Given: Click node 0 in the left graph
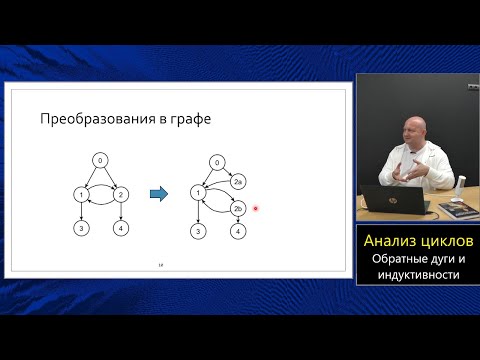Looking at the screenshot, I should click(99, 161).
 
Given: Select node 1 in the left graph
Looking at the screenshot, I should click(79, 194).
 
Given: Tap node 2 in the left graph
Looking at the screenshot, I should click(120, 194).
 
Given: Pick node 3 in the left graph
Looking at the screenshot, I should click(79, 229).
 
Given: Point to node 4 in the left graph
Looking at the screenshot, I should click(120, 229).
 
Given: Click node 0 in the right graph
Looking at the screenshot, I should click(217, 162).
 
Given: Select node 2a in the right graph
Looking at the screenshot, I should click(238, 182).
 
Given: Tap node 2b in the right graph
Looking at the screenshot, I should click(238, 209).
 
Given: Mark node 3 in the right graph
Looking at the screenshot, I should click(197, 231).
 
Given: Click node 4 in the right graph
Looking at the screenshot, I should click(238, 231).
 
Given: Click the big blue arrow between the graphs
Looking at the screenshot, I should click(159, 195).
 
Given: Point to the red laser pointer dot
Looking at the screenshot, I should click(257, 209).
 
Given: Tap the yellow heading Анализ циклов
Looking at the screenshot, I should click(418, 242).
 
